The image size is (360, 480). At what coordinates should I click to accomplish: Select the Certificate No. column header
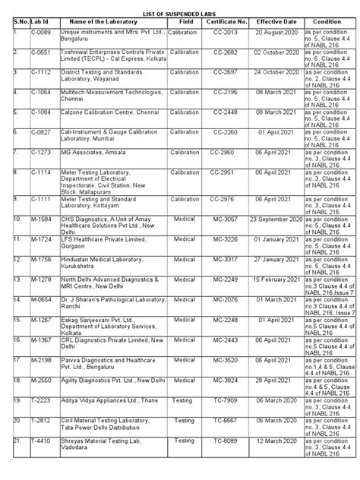[x=231, y=23]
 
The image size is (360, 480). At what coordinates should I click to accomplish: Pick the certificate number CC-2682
[x=231, y=55]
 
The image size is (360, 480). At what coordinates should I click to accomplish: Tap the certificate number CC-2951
[x=231, y=172]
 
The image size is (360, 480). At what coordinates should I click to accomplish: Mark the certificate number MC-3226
[x=231, y=239]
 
